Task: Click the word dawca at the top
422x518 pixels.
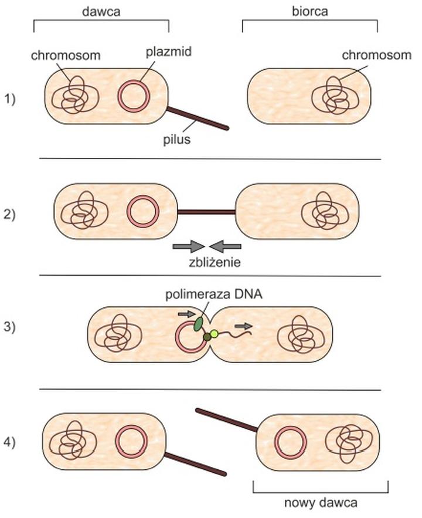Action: pos(101,11)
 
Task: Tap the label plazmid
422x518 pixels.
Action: pos(168,52)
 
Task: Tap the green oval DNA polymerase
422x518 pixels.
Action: pos(200,323)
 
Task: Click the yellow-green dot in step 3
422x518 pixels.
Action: pos(215,334)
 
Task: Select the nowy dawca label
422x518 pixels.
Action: pos(320,503)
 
